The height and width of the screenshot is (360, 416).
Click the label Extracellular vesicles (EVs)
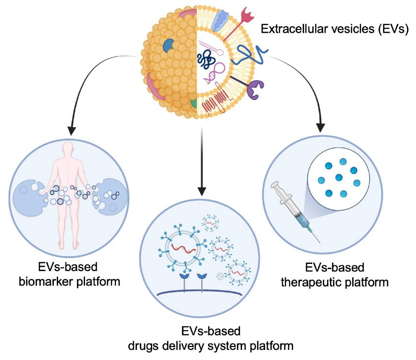tap(334, 30)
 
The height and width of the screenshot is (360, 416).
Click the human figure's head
tap(68, 149)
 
